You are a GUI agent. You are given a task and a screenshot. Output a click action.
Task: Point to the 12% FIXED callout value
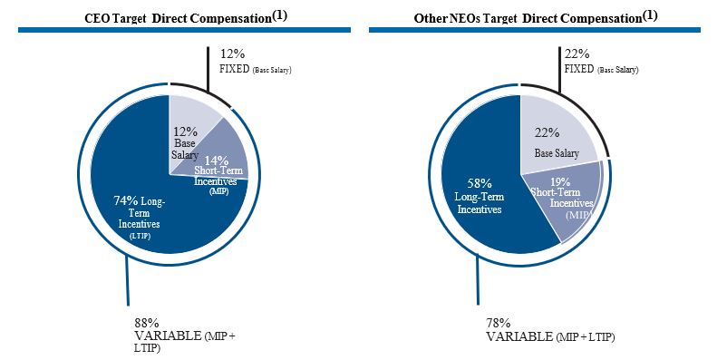pos(233,54)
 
